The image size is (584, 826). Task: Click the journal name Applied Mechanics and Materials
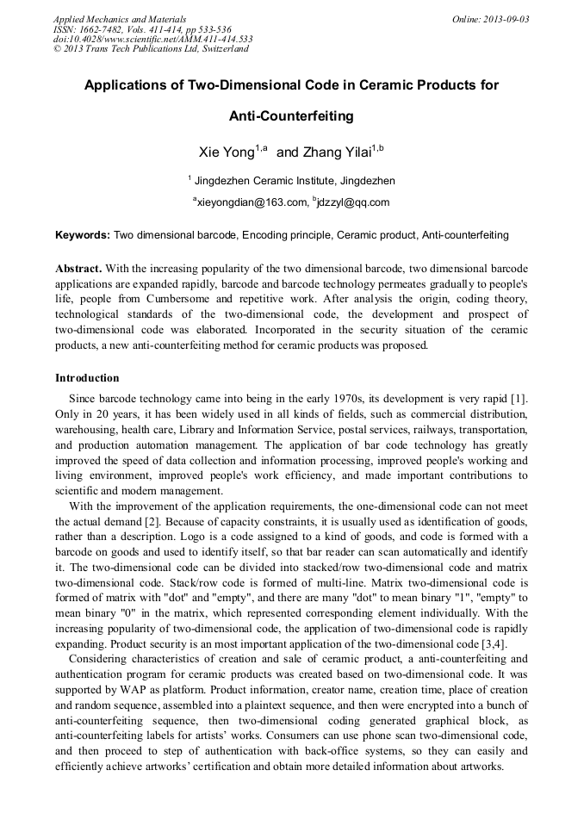point(119,19)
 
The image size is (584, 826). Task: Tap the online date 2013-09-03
point(504,19)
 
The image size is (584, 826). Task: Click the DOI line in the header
point(152,39)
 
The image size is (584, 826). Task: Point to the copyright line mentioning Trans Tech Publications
point(151,49)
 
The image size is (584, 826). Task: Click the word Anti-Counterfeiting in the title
point(291,115)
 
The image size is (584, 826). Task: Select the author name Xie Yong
point(227,152)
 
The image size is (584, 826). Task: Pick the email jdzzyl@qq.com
point(353,203)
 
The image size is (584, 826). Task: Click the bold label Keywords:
point(83,235)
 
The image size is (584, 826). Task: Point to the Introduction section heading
point(87,378)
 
